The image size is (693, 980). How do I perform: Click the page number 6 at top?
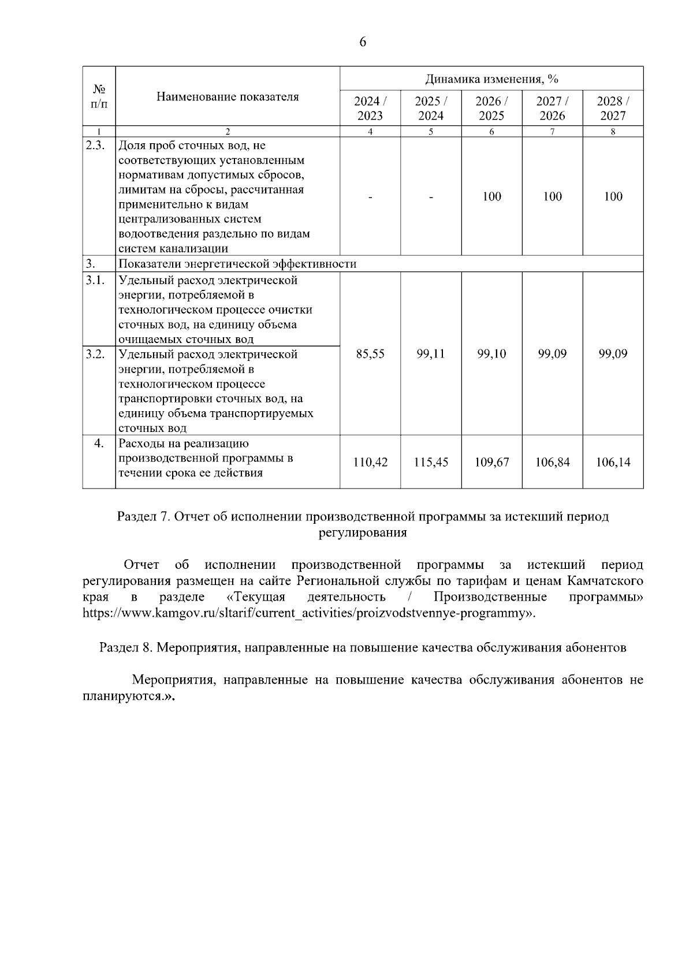point(363,42)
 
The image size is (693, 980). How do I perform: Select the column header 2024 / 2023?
point(370,108)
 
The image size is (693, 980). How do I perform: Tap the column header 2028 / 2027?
point(613,108)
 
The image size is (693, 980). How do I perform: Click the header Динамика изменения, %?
point(491,79)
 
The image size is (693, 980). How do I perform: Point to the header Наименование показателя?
point(228,96)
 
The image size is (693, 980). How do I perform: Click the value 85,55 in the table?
point(370,354)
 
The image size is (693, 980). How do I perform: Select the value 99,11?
point(431,354)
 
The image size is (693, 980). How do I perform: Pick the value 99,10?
point(491,354)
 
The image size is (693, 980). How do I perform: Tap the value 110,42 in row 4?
point(370,462)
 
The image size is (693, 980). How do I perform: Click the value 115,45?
point(431,462)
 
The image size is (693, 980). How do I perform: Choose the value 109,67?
point(491,462)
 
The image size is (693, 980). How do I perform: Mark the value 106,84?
point(552,462)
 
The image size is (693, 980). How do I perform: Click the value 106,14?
point(613,462)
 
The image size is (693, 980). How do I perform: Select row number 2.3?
point(95,146)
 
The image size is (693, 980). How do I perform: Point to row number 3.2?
point(95,354)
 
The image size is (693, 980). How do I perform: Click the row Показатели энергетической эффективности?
point(237,264)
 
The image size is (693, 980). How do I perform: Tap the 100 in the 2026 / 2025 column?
point(491,196)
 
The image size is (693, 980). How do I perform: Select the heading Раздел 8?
point(363,647)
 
